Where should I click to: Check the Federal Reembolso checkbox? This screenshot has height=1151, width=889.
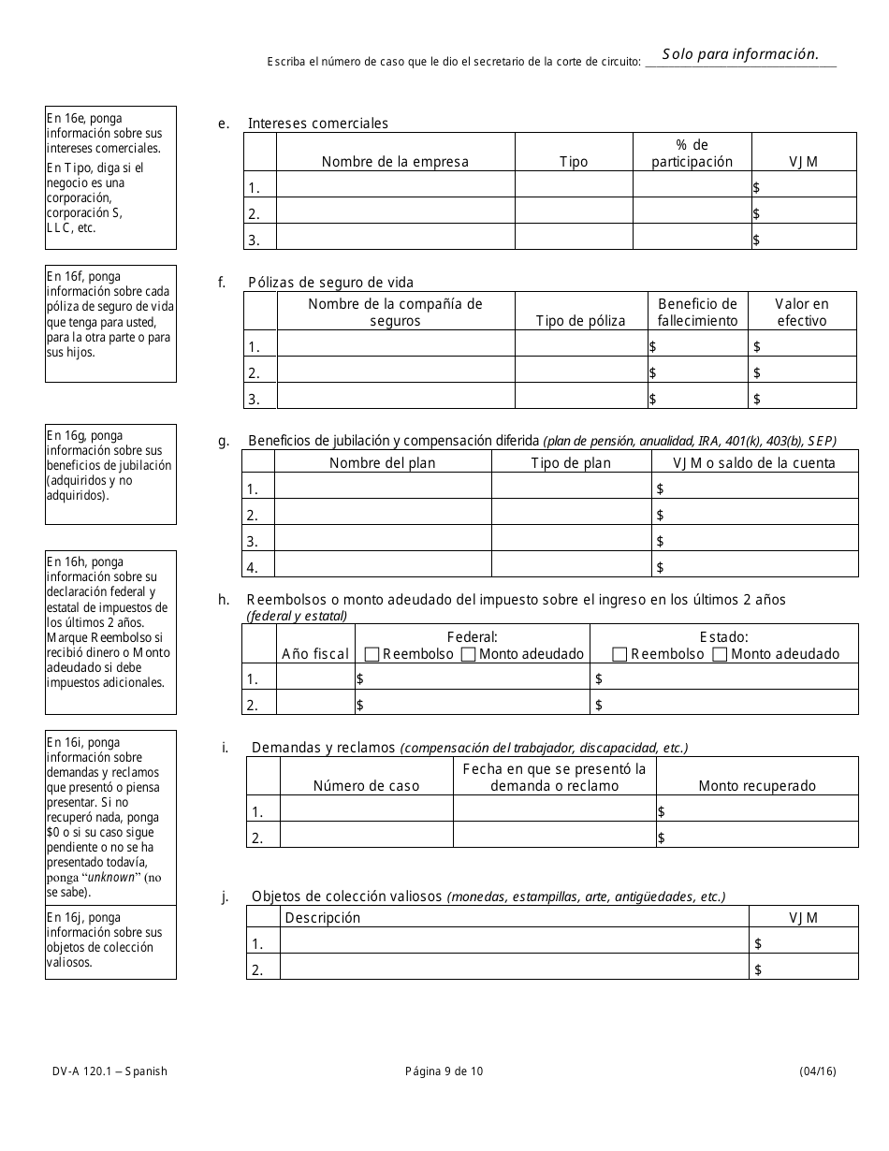click(372, 655)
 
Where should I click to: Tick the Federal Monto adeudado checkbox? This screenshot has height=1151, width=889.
click(469, 655)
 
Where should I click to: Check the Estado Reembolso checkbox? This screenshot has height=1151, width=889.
click(619, 655)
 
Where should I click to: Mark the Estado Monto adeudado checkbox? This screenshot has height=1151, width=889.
click(720, 655)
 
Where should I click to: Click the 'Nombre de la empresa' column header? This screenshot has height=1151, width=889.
click(395, 162)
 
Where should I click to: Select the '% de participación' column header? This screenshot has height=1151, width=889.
click(692, 153)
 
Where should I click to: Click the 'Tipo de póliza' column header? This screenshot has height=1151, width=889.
click(580, 321)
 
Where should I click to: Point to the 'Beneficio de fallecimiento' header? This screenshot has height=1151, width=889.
click(697, 313)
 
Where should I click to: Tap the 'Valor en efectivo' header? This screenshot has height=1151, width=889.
click(802, 313)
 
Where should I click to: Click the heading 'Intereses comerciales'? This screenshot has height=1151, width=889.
click(317, 124)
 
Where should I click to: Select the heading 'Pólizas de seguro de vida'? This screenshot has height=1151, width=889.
click(330, 283)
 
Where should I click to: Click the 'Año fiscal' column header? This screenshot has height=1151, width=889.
click(315, 654)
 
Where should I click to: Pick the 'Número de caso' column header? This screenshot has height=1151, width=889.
click(366, 786)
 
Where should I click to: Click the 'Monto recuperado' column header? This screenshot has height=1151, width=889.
click(757, 786)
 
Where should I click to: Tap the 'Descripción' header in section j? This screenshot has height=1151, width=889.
click(322, 918)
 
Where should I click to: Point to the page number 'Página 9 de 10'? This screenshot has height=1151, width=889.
click(444, 1072)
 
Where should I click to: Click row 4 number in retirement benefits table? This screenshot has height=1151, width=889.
click(252, 567)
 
